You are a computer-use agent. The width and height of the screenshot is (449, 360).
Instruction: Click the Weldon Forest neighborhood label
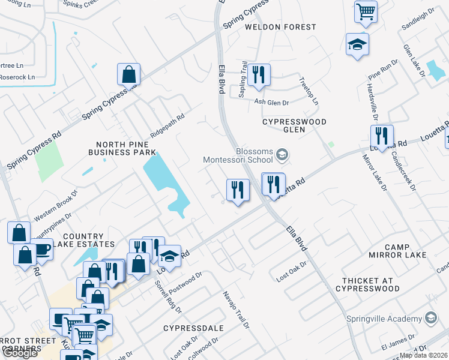280,27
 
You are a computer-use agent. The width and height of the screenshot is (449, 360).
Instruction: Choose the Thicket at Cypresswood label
370,284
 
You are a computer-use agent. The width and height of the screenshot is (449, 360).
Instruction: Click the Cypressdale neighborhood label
193,328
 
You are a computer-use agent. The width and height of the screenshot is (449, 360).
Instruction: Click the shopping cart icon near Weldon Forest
366,11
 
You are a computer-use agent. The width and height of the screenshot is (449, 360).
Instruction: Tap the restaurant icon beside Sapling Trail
259,74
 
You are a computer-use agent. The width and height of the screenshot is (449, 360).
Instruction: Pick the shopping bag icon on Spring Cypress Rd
128,74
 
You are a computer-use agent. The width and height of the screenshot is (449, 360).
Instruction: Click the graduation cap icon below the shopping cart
357,44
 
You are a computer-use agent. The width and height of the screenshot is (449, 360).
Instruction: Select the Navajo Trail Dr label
236,309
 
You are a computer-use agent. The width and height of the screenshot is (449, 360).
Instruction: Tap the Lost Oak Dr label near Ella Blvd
292,272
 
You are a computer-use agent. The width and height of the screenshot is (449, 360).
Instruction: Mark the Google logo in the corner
20,353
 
